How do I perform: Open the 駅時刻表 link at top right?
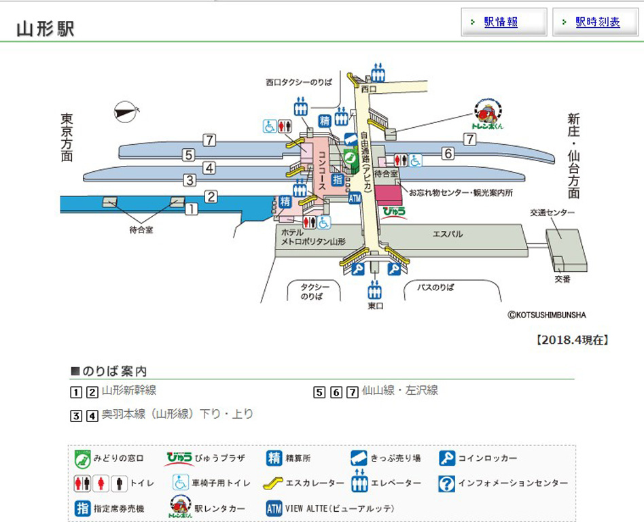[x=597, y=22]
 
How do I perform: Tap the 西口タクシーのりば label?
[x=299, y=82]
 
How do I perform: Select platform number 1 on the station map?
[x=192, y=209]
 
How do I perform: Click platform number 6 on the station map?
[x=448, y=154]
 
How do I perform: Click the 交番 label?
[x=562, y=279]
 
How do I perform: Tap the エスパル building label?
[x=448, y=234]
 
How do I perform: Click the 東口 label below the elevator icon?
[x=375, y=307]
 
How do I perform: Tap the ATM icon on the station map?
[x=354, y=198]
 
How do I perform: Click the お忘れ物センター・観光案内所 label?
[x=460, y=193]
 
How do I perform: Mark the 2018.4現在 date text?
[x=572, y=340]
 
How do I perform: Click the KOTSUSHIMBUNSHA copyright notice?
[x=546, y=315]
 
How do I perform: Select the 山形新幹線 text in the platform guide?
[x=129, y=391]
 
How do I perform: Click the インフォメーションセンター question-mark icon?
[x=446, y=483]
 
